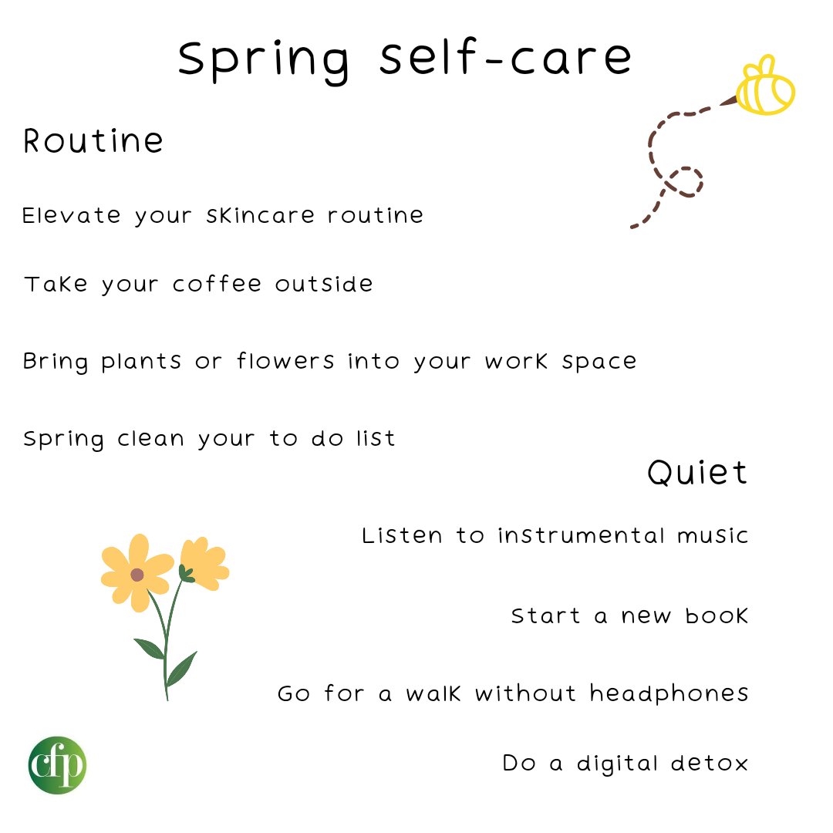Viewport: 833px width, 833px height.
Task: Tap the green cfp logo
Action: click(x=58, y=764)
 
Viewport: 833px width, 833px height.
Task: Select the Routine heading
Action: click(x=93, y=141)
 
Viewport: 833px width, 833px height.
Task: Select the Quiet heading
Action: click(x=697, y=472)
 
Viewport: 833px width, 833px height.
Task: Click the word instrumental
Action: click(x=579, y=535)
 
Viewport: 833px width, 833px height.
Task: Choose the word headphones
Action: click(x=669, y=693)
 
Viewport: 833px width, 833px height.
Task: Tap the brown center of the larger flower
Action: click(x=137, y=575)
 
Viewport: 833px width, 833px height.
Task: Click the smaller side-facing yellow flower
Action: click(x=204, y=562)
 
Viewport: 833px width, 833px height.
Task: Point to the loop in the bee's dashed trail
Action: click(x=683, y=182)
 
